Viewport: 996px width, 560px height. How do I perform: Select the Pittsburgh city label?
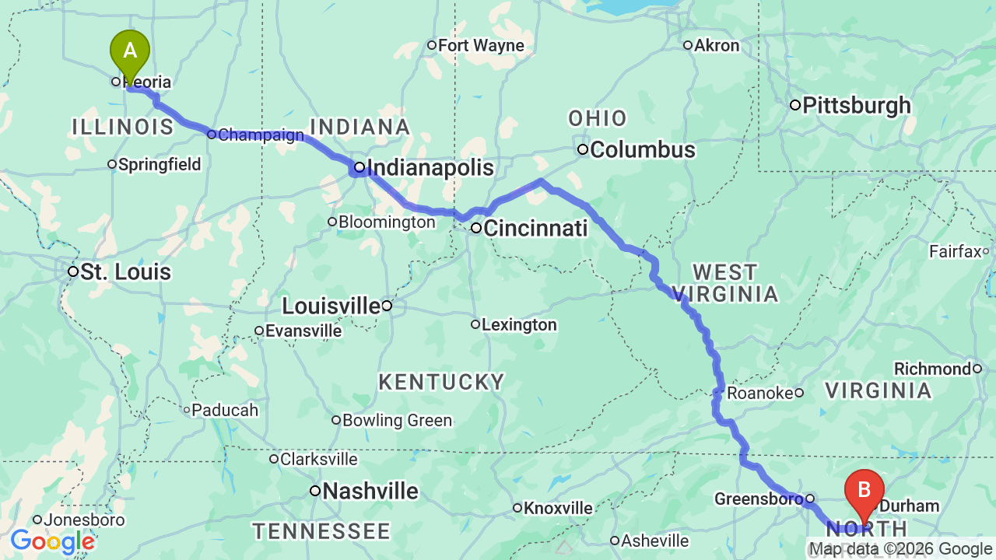856,106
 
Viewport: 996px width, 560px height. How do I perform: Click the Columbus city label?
642,149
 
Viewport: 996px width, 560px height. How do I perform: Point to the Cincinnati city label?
535,229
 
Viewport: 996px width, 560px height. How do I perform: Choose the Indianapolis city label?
430,168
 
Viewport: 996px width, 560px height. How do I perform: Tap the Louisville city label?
331,306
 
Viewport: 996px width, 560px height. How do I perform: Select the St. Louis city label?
125,272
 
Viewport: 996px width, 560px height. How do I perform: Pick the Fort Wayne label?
481,46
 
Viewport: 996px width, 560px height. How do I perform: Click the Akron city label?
716,46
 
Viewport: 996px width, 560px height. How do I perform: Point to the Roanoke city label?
759,394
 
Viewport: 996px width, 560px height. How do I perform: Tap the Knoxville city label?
557,509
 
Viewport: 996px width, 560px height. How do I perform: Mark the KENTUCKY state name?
441,382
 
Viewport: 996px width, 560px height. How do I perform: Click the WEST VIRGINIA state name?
735,283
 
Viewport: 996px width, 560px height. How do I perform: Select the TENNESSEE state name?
321,532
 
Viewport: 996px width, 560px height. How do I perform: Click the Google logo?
52,541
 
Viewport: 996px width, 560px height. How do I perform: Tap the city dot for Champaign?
212,135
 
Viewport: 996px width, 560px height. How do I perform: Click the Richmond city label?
932,369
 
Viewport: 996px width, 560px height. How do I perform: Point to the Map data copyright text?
901,549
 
